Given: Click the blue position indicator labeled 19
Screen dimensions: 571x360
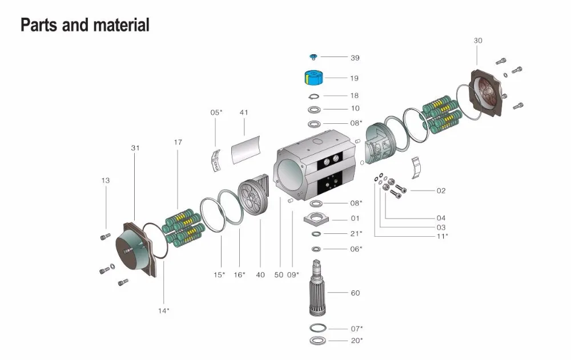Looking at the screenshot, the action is [x=313, y=78].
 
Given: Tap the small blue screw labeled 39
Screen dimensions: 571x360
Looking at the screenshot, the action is [x=313, y=57].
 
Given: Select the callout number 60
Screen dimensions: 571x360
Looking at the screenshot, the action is [x=355, y=293].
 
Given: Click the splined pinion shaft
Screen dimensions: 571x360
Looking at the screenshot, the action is [x=318, y=288].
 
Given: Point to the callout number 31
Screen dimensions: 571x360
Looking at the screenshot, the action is [x=135, y=148].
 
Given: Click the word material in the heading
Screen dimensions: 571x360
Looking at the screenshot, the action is [x=121, y=25].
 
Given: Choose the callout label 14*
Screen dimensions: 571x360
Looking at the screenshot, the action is [x=163, y=311].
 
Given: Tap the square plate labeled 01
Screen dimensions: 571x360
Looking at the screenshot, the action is [x=316, y=219].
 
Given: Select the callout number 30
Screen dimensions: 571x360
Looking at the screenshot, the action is [x=478, y=41].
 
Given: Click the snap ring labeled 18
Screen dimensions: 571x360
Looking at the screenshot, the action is [x=313, y=96].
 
